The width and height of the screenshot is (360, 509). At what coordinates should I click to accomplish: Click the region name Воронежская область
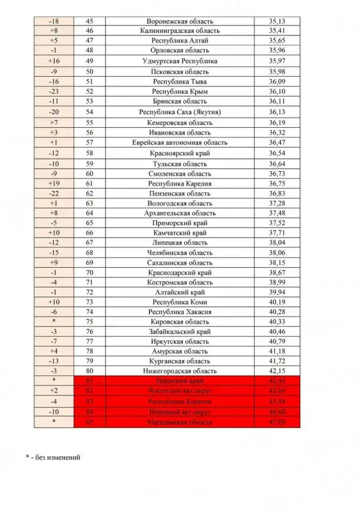tap(179, 20)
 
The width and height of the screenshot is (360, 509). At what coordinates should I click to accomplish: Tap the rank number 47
tap(90, 40)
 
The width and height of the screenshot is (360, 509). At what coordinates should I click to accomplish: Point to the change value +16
tap(54, 61)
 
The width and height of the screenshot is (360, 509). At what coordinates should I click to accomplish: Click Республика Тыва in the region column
tap(179, 82)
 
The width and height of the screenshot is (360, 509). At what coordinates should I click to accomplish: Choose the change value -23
tap(54, 92)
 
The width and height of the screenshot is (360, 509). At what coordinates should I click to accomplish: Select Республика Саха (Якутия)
tap(179, 112)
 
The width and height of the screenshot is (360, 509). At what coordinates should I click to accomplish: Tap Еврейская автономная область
tap(179, 143)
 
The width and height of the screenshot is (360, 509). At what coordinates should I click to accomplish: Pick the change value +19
tap(54, 184)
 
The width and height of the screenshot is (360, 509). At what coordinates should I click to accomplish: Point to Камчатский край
tap(179, 233)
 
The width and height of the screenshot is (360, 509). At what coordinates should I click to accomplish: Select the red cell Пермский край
tap(179, 382)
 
